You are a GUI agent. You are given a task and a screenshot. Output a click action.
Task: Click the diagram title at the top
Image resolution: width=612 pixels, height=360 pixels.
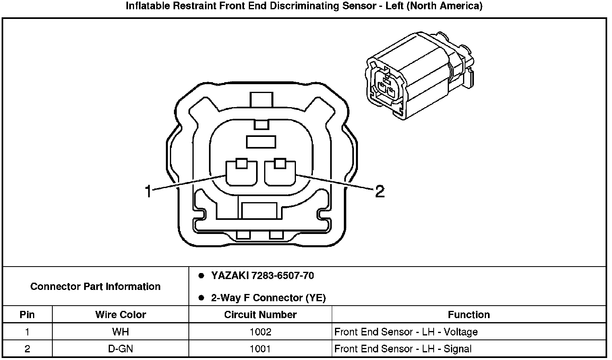[304, 6]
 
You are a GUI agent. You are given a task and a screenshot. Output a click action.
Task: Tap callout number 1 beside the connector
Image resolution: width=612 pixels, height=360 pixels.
[148, 192]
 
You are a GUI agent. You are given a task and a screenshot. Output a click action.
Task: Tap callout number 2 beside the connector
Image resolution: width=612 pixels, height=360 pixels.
[379, 192]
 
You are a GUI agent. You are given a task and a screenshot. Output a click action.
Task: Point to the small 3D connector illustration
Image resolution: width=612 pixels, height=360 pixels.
[419, 75]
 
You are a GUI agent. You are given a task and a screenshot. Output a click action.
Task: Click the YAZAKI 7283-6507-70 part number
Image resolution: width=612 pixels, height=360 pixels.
[262, 276]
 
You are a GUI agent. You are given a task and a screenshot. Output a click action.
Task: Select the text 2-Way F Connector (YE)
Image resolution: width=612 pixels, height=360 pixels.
[268, 298]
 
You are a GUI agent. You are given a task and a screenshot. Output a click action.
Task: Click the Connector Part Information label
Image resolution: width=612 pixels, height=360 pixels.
[95, 286]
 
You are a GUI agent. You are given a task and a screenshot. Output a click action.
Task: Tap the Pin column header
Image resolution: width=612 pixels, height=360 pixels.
[27, 314]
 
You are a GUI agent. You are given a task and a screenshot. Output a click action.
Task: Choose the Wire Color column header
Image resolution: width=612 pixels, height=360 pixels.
[120, 314]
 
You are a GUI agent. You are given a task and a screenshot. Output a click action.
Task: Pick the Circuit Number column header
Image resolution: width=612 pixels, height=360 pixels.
[260, 314]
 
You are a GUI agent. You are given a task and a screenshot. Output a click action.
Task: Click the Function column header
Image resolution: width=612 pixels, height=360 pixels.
[469, 314]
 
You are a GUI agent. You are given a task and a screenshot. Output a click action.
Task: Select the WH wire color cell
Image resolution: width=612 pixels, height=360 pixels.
[120, 332]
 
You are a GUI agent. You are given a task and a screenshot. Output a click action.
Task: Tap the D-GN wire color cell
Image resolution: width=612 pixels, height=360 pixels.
[120, 349]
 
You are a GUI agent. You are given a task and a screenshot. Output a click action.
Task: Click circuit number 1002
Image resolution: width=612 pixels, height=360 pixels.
[260, 332]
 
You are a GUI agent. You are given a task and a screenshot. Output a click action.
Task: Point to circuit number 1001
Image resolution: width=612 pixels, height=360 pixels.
[260, 349]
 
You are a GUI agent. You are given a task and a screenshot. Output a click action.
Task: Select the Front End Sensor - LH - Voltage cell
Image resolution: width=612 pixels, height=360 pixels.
[406, 332]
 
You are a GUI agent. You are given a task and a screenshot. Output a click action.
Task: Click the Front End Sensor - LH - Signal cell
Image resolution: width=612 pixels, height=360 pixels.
[403, 349]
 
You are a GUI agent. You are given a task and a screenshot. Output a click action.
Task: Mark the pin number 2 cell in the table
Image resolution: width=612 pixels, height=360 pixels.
[27, 349]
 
